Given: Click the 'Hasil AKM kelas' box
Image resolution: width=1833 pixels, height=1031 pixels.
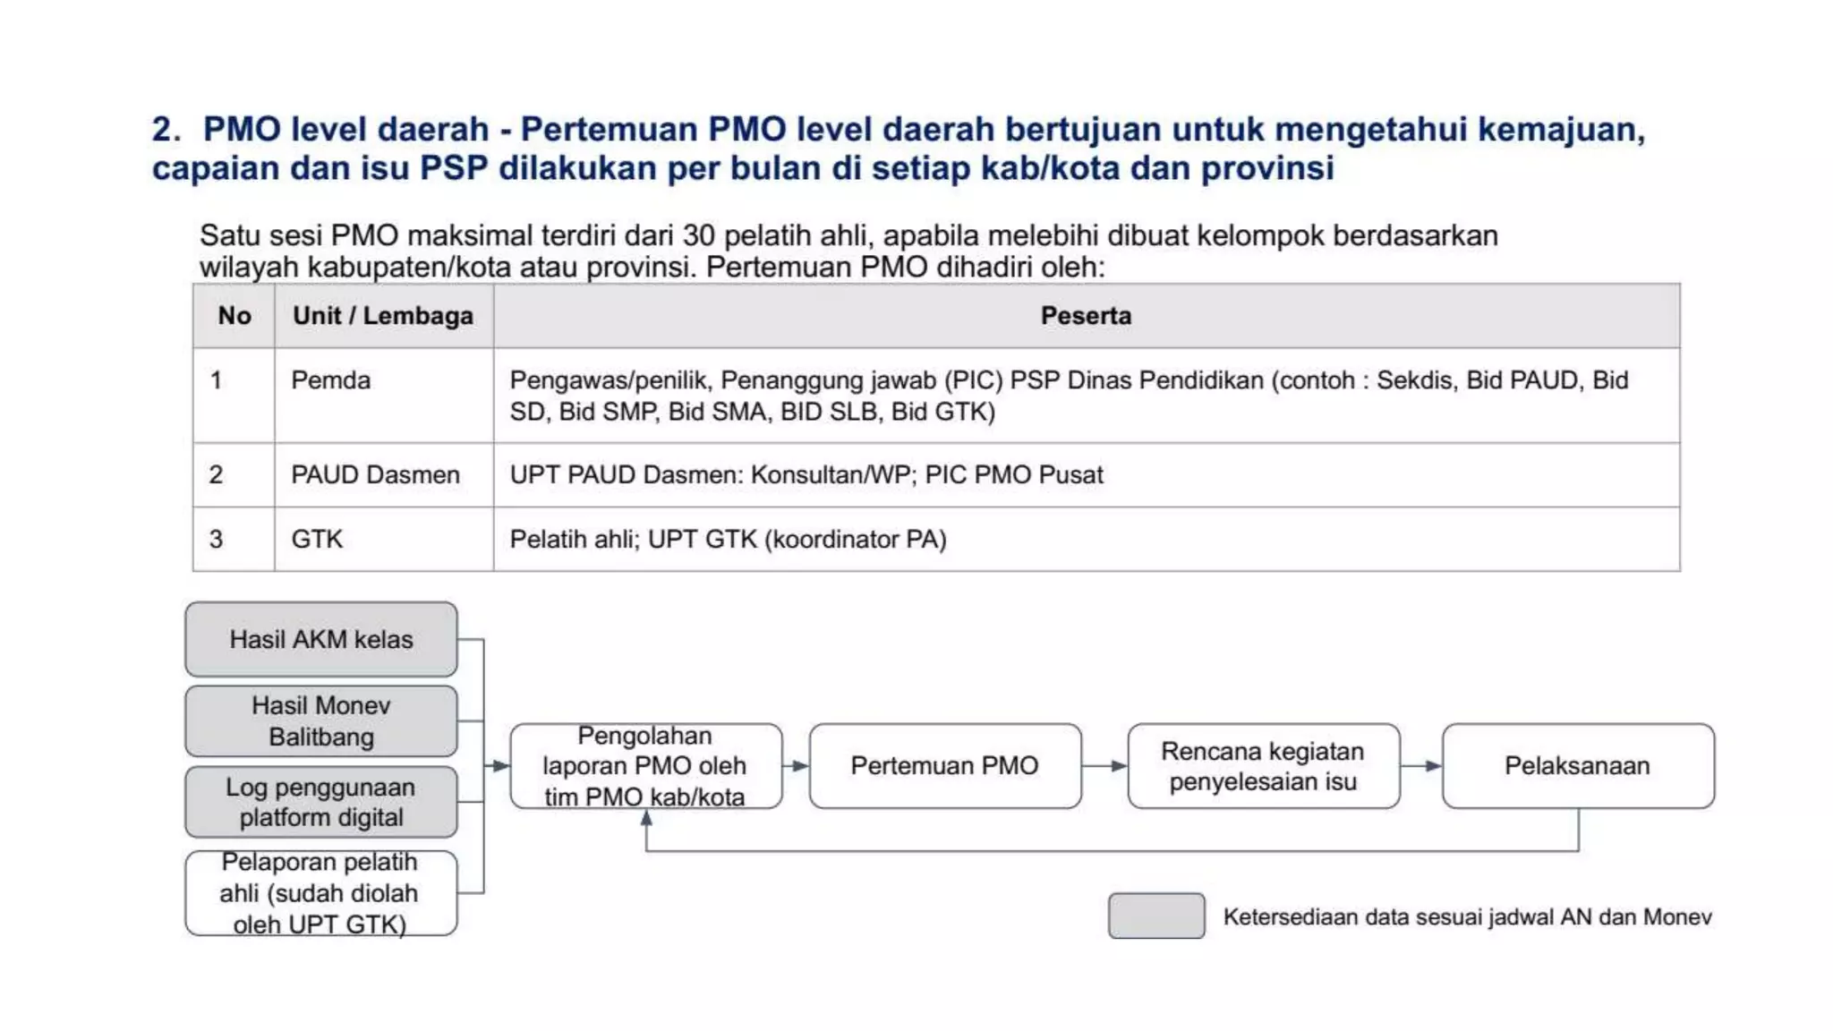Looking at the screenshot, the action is pos(321,639).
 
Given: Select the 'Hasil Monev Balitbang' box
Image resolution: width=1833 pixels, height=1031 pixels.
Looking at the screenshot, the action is pos(321,721).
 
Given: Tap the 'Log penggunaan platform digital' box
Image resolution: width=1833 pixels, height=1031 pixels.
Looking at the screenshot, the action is pos(321,802).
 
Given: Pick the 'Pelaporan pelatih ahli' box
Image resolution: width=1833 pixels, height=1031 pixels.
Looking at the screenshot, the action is pos(321,893).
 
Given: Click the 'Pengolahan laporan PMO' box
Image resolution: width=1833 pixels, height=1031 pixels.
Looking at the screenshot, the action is pos(645,766).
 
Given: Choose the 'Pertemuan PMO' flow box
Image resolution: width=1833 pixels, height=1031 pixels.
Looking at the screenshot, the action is pos(945,766).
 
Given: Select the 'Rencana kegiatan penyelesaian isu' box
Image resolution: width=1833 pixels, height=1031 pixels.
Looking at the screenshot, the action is pos(1263,766).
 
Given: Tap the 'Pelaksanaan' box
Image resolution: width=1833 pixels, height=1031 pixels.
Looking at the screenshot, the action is pos(1578,766).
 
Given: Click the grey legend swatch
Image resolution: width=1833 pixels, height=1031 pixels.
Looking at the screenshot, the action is pos(1156,916).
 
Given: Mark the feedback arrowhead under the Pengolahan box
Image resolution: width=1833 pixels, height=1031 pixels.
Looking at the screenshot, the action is pos(646,820).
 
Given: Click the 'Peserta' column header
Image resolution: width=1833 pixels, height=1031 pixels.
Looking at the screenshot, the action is pos(1086,316).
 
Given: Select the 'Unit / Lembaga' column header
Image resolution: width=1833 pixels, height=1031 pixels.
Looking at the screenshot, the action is pos(383,316).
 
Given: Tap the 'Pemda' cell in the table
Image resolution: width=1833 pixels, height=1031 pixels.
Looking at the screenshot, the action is pos(331,380).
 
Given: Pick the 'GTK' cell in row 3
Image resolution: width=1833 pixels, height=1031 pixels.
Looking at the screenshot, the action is pos(318,540).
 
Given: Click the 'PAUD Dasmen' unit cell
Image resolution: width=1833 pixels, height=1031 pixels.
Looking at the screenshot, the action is pos(376,475).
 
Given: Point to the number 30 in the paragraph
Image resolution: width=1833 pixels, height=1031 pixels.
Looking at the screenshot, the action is pos(698,236).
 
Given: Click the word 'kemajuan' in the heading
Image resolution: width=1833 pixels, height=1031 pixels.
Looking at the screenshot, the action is pos(1561,130).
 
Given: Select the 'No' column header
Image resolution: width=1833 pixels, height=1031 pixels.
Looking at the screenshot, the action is pos(234,316).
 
